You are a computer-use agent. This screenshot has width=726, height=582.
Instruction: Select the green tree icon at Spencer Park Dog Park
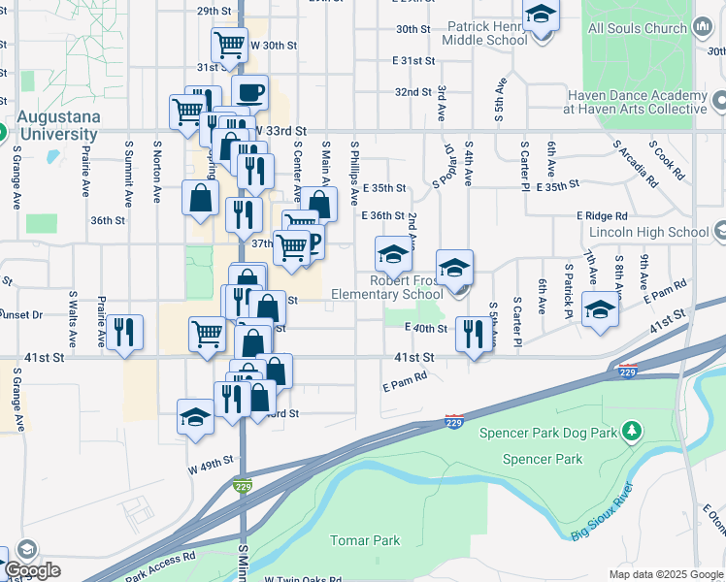point(632,429)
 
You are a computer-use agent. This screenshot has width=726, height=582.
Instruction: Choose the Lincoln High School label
point(649,232)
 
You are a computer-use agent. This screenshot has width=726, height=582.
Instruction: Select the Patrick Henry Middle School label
point(484,34)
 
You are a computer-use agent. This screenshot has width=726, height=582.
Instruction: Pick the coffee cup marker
point(249,93)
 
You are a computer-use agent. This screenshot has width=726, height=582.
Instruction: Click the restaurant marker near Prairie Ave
point(124,332)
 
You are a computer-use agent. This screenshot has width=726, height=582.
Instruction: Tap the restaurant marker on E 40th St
point(473,335)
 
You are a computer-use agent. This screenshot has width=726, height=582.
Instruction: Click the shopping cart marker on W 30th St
point(229,44)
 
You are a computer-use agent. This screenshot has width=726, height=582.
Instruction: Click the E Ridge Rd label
point(602,215)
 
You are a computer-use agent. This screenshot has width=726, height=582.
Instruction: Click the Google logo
point(33,570)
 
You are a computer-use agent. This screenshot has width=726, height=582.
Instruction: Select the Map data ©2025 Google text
point(665,574)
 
